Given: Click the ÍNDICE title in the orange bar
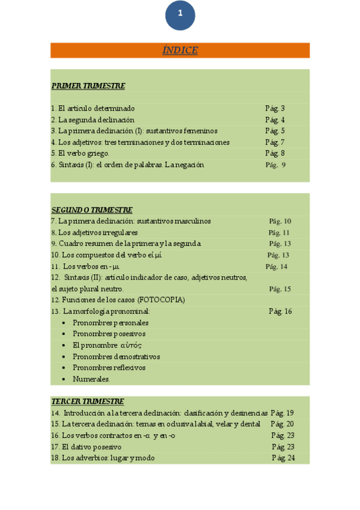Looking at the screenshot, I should click(180, 51).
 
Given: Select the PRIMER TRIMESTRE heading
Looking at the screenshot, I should click(88, 86).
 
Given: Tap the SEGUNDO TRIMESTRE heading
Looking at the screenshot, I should click(92, 210).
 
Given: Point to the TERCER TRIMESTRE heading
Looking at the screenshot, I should click(88, 401).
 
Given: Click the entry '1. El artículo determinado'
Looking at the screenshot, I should click(93, 108).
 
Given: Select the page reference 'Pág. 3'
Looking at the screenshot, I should click(275, 108).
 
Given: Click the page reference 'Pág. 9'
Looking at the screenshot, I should click(275, 165).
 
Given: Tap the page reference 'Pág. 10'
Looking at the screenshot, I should click(279, 221).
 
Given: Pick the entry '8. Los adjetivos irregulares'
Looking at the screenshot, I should click(94, 232).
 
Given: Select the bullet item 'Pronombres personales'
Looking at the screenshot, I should click(110, 323).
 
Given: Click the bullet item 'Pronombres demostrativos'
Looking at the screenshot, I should click(116, 357).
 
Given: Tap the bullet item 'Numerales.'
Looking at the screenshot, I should click(91, 379).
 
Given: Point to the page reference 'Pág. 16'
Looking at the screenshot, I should click(280, 311).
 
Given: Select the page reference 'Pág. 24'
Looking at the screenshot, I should click(283, 458).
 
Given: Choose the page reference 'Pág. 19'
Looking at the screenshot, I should click(282, 413).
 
